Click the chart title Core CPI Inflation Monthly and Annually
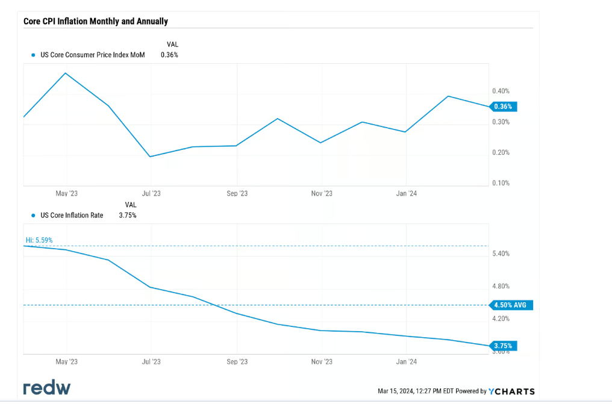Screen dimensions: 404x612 pos(95,21)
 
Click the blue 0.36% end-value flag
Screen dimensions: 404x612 pos(503,107)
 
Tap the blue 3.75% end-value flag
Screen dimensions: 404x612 pos(503,346)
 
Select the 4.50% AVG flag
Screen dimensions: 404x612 pos(509,305)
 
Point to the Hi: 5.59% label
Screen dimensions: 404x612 pos(39,240)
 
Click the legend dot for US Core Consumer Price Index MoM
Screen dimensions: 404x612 pos(33,55)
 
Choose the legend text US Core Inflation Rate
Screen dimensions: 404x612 pos(72,215)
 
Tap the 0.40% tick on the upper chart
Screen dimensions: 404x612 pos(501,91)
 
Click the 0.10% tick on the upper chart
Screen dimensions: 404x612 pos(501,183)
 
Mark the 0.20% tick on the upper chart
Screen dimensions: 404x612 pos(501,152)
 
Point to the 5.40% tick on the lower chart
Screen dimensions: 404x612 pos(501,253)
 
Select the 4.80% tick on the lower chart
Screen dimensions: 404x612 pos(501,286)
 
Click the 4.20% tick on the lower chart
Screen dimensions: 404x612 pos(501,319)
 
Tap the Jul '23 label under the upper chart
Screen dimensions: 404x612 pos(151,193)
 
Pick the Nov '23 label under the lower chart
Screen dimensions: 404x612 pos(322,361)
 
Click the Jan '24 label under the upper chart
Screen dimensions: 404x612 pos(407,193)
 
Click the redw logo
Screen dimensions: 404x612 pos(46,388)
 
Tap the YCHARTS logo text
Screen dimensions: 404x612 pos(511,391)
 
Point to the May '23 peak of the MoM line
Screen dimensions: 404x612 pos(65,73)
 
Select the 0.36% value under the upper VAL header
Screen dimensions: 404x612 pos(169,55)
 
